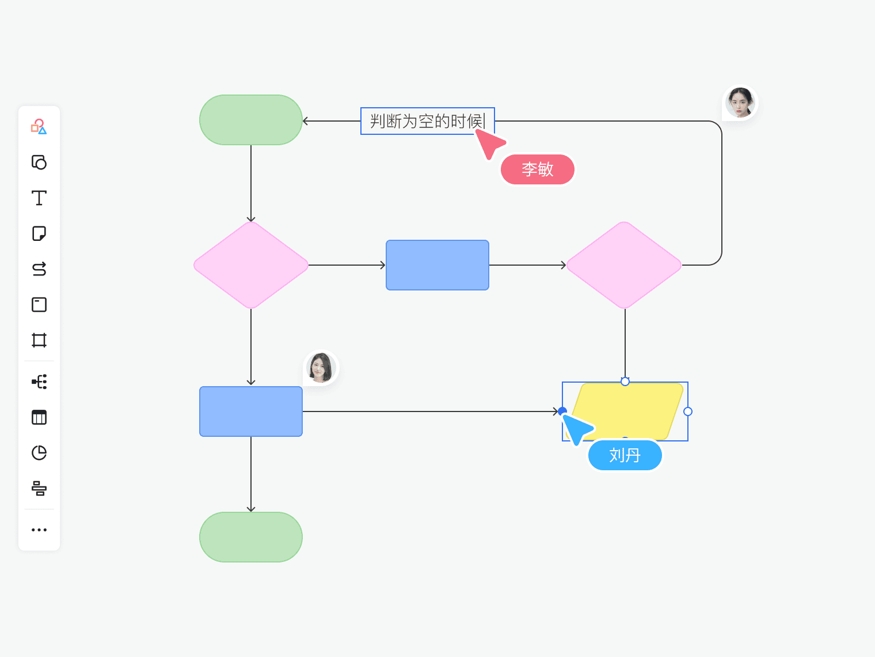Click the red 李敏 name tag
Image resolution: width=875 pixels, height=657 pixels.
pyautogui.click(x=537, y=169)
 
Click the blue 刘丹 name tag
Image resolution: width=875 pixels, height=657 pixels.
pyautogui.click(x=625, y=455)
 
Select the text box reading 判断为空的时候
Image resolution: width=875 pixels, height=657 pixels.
pyautogui.click(x=427, y=121)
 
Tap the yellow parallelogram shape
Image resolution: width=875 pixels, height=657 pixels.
pyautogui.click(x=625, y=411)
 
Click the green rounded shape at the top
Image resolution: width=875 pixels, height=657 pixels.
pyautogui.click(x=251, y=120)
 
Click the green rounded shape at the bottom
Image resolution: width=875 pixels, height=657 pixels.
pyautogui.click(x=251, y=537)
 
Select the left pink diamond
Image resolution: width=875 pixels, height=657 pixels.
pyautogui.click(x=251, y=265)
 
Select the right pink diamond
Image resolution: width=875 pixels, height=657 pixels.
pyautogui.click(x=624, y=265)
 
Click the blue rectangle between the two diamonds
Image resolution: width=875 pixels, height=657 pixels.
pyautogui.click(x=438, y=265)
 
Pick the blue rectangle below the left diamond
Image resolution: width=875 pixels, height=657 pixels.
pyautogui.click(x=251, y=411)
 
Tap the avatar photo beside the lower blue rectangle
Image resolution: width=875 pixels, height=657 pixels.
pyautogui.click(x=321, y=367)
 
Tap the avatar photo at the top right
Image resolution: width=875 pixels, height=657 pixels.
pyautogui.click(x=740, y=103)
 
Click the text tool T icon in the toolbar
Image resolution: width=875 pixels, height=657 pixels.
pyautogui.click(x=39, y=198)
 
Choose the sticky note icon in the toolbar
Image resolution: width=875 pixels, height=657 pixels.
pyautogui.click(x=39, y=233)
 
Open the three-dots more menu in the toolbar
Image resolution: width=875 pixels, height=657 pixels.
pyautogui.click(x=39, y=530)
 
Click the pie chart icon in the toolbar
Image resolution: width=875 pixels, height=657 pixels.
pyautogui.click(x=39, y=453)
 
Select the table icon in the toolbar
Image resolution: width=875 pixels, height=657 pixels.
pyautogui.click(x=39, y=417)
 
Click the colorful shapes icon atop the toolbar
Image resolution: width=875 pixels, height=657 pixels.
pyautogui.click(x=39, y=127)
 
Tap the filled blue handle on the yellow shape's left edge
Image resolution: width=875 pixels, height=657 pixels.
pyautogui.click(x=562, y=411)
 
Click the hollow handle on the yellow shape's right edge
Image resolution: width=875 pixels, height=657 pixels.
pyautogui.click(x=688, y=411)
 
